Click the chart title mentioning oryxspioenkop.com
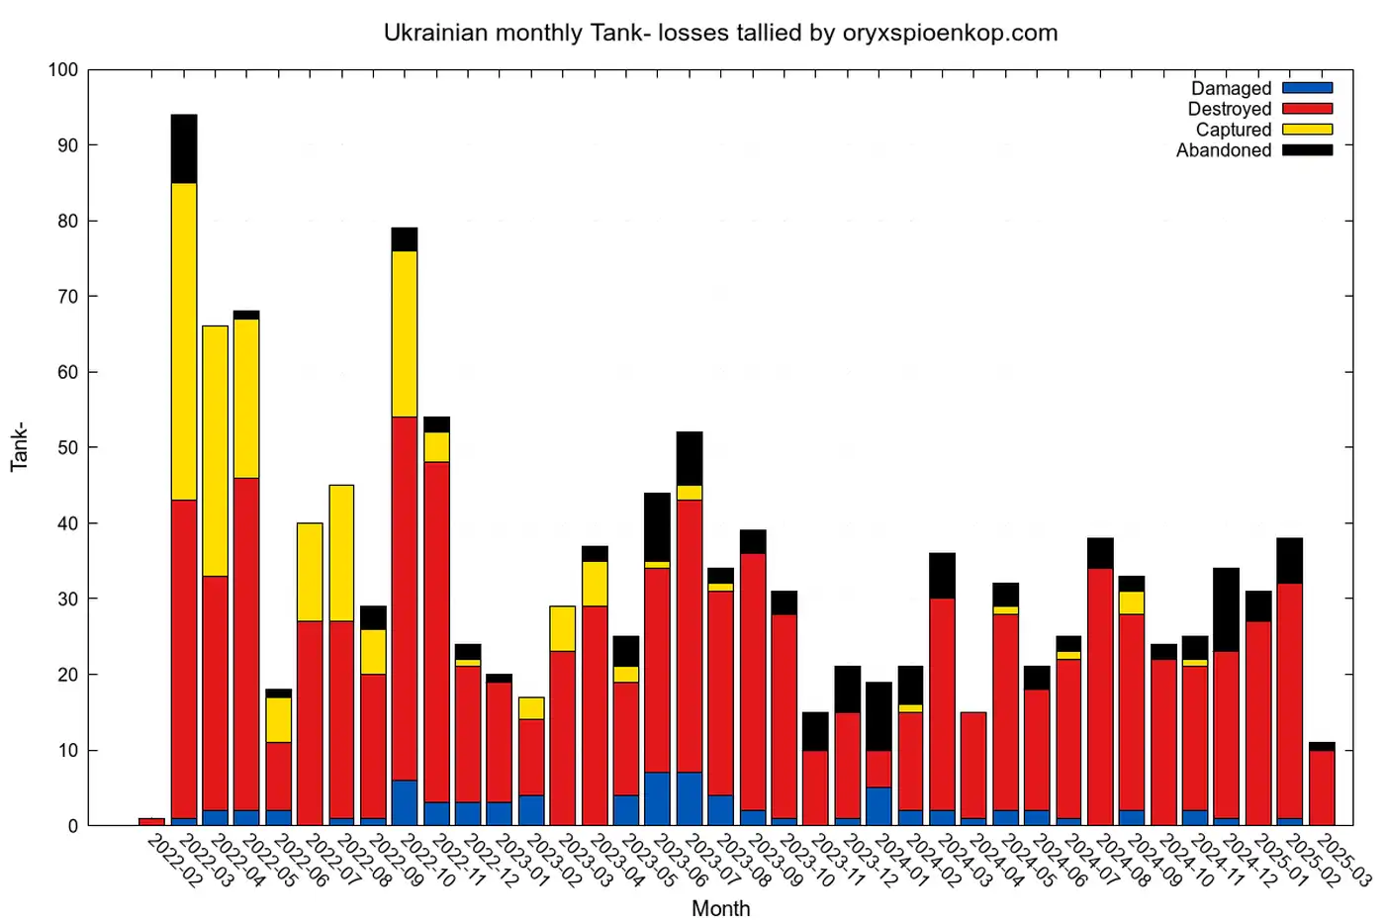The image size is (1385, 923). click(x=720, y=33)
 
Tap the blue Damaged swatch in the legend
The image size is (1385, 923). click(x=1307, y=88)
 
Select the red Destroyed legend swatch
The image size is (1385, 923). click(x=1307, y=109)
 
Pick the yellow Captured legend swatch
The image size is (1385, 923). click(x=1307, y=130)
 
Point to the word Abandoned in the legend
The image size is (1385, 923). click(x=1224, y=150)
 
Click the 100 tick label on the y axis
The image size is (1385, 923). click(x=62, y=70)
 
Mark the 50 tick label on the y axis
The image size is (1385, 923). click(x=67, y=447)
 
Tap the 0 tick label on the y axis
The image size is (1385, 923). click(x=72, y=826)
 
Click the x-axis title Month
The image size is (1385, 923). click(x=720, y=908)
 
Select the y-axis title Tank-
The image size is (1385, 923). click(x=20, y=447)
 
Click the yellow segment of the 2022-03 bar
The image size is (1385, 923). click(x=184, y=341)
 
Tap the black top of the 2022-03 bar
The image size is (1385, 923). click(x=184, y=148)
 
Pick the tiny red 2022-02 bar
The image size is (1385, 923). click(x=151, y=821)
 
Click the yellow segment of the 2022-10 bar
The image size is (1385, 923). click(x=405, y=333)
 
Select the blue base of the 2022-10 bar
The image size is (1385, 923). click(x=405, y=802)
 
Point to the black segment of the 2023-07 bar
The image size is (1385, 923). click(x=690, y=458)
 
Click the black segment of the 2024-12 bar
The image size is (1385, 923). click(x=1227, y=609)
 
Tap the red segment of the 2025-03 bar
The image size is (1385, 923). click(x=1322, y=787)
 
